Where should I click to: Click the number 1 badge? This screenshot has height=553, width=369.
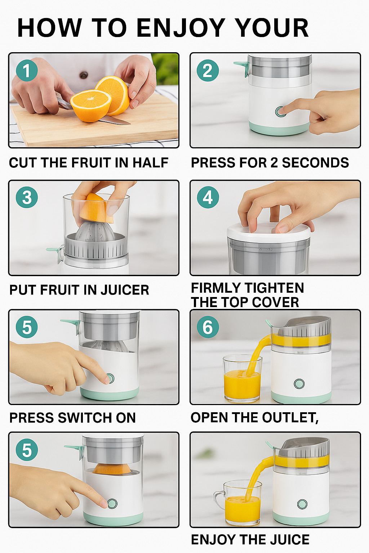coord(27,70)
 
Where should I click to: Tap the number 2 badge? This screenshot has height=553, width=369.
coord(208,70)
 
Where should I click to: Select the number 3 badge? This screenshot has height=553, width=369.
coord(27,197)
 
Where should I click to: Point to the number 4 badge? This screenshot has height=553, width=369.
coord(208,197)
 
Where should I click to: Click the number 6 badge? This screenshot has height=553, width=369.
coord(208,327)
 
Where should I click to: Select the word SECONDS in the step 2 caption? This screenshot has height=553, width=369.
coord(315,163)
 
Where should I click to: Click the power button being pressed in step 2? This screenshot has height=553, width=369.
coord(280,112)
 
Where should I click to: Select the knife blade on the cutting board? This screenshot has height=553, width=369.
coord(115,120)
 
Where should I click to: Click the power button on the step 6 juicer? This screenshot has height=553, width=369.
coord(299,384)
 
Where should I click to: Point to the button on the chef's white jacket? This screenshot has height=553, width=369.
coord(84,75)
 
